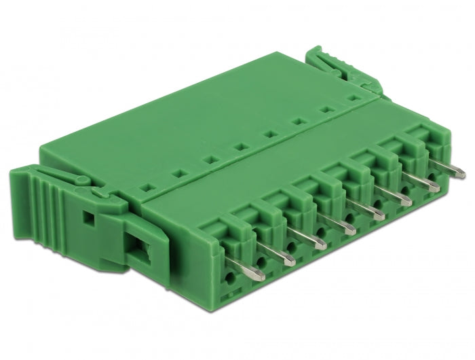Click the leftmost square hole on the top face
click(x=144, y=185)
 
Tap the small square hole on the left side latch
click(x=88, y=219)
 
